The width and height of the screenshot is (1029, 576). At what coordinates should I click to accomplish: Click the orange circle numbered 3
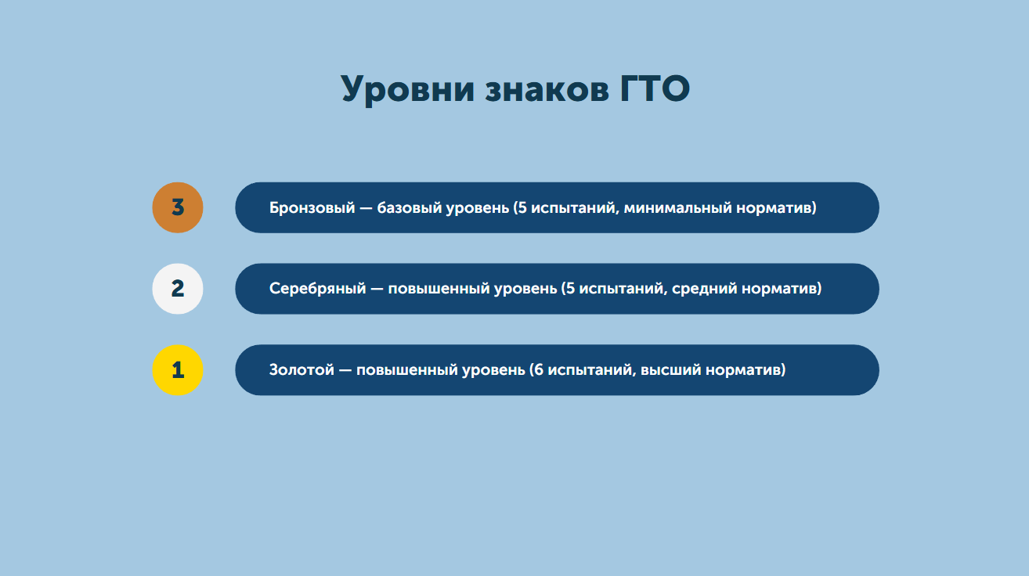[177, 207]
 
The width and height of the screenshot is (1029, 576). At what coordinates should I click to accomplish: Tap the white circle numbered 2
[177, 289]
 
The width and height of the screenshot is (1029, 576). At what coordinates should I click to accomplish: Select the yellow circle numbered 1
[177, 370]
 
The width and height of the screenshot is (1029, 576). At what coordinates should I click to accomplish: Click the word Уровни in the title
[408, 89]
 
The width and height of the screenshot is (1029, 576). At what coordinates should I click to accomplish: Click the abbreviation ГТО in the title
[655, 88]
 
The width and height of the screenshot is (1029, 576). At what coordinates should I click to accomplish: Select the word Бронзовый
[312, 208]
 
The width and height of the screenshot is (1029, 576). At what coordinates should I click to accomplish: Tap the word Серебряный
[317, 289]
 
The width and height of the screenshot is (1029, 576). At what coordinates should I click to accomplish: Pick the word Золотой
[301, 370]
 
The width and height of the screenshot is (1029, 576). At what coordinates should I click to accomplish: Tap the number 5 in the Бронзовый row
[522, 208]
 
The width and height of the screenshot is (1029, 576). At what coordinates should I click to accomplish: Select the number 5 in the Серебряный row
[570, 289]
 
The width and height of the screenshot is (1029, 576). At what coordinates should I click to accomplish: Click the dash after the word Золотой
[345, 370]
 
